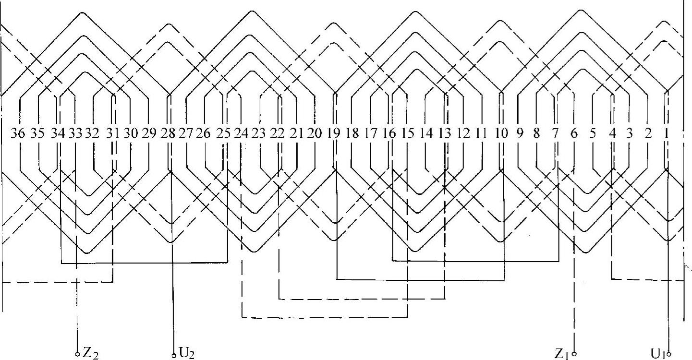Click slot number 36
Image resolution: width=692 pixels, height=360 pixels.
[18, 134]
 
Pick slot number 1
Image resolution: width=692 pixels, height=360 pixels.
[666, 134]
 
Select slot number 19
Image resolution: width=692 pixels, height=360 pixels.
[333, 134]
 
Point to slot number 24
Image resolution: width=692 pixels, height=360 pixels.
[241, 134]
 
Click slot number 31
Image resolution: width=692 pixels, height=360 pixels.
[112, 134]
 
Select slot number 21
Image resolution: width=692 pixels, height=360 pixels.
[297, 134]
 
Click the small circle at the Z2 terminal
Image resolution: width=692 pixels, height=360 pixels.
[77, 355]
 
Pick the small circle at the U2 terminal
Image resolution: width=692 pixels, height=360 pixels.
[174, 356]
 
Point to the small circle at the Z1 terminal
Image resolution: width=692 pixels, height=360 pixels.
[574, 355]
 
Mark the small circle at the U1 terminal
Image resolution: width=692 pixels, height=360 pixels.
[669, 355]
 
